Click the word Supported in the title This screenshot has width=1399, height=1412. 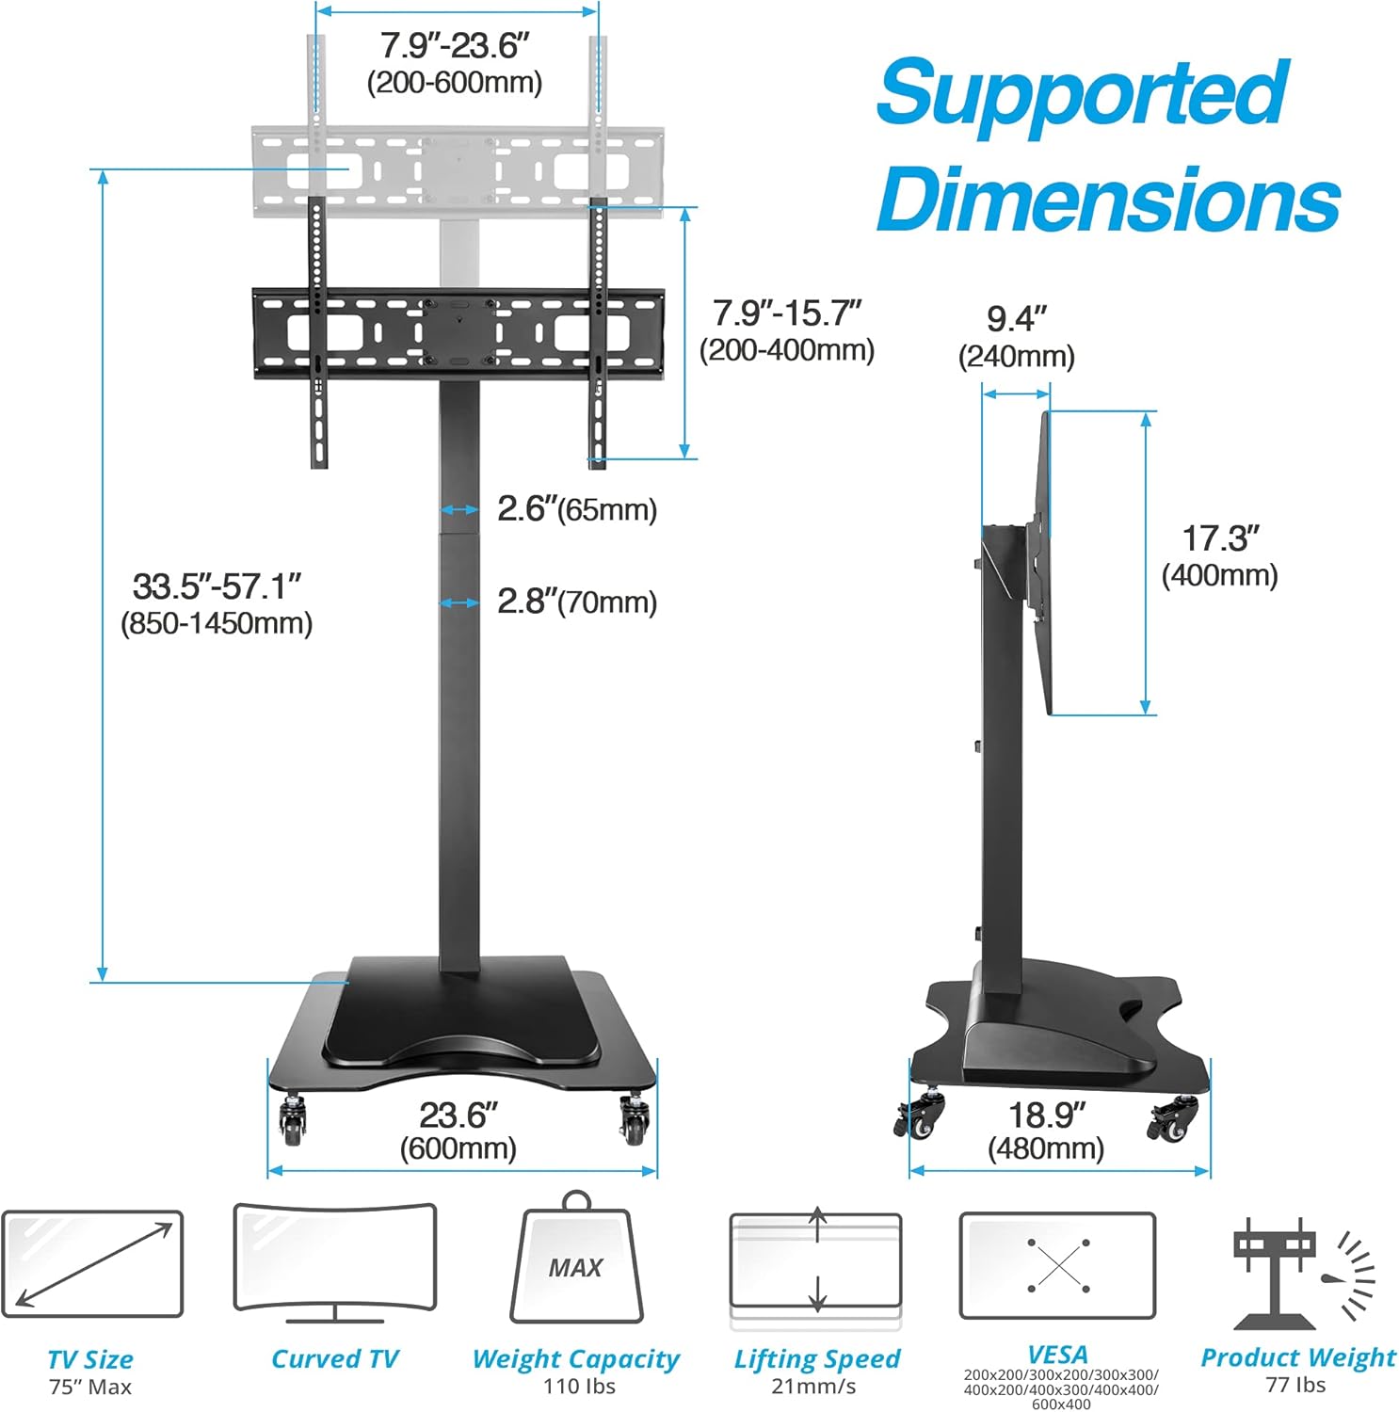1082,93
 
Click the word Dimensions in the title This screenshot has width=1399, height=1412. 1108,199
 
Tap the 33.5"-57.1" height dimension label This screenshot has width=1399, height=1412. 217,602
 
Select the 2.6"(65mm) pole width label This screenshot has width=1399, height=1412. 576,509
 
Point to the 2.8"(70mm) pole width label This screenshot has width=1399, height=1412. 576,602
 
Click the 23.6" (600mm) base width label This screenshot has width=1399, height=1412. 458,1130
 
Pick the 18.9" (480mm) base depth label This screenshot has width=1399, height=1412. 1046,1130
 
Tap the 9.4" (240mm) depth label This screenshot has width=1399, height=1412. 1016,336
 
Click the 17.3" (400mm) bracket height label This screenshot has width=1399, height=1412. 1220,555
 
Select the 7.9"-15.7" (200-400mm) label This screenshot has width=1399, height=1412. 787,329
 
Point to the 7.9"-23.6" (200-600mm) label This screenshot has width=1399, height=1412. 455,62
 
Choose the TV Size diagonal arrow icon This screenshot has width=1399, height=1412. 92,1263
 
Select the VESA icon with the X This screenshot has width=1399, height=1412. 1057,1265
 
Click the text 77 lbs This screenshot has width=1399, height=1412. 1296,1385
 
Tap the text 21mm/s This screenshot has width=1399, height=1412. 814,1386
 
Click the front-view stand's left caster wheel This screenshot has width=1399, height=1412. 293,1119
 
